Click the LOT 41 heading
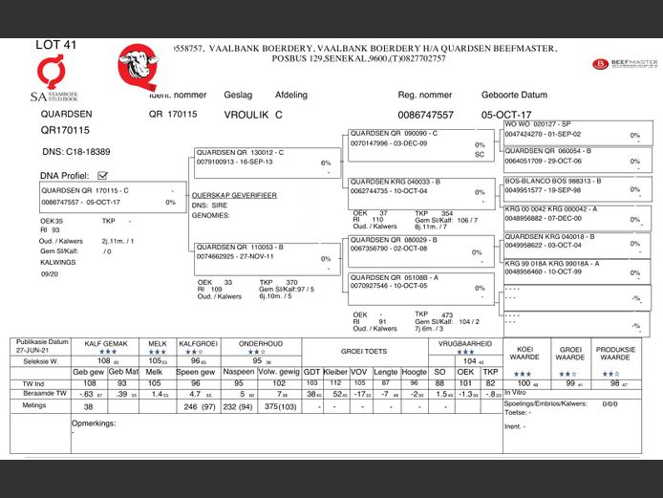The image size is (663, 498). point(56,45)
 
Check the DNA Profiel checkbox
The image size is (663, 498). point(103,175)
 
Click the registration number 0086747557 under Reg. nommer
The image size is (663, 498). point(426,115)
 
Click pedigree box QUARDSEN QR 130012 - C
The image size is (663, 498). point(240,152)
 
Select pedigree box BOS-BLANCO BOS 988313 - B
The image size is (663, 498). point(548,180)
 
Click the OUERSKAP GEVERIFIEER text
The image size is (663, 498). point(234,195)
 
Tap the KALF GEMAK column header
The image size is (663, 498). point(105,342)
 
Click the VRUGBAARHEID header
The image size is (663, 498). point(465,342)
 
